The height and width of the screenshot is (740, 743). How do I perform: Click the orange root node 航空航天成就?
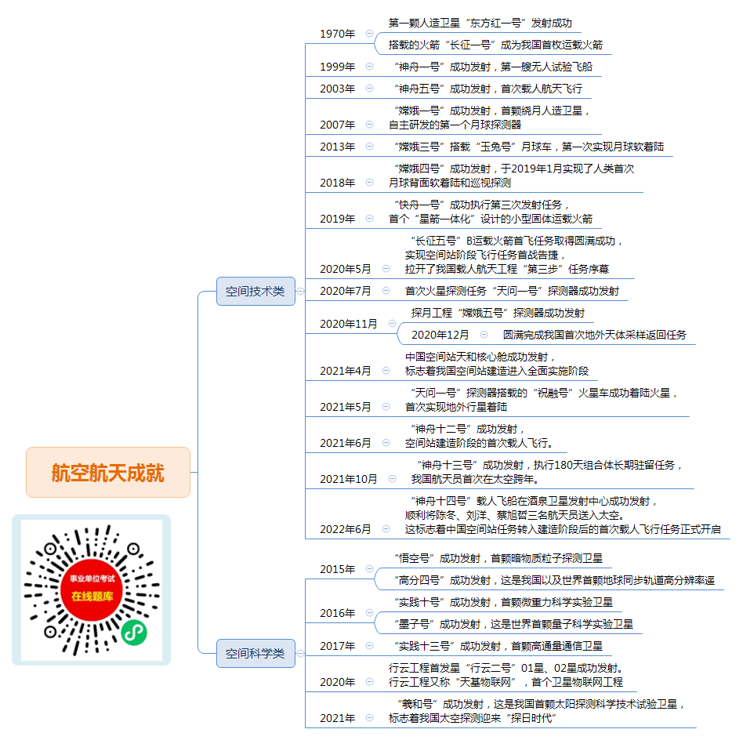click(108, 472)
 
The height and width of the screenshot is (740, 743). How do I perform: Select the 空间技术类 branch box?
click(256, 291)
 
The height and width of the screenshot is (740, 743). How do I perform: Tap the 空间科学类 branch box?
click(256, 653)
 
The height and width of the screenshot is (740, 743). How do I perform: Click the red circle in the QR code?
click(92, 589)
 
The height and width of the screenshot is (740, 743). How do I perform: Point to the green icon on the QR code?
click(133, 633)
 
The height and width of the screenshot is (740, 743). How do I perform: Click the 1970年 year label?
click(337, 34)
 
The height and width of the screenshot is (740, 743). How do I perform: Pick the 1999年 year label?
click(337, 67)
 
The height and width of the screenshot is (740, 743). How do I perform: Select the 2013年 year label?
click(337, 147)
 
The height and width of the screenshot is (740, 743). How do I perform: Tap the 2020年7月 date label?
click(346, 291)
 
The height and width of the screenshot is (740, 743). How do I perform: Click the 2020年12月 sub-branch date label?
click(440, 336)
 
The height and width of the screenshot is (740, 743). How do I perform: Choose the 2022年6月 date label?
click(346, 529)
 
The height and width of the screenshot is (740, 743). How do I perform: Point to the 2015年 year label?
click(337, 569)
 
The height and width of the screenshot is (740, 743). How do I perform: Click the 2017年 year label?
click(337, 646)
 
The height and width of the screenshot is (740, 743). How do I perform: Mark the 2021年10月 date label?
click(349, 479)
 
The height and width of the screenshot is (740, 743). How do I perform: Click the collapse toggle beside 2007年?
click(370, 125)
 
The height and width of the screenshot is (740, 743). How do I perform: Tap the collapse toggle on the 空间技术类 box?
click(300, 291)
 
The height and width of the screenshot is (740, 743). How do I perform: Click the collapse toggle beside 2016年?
click(370, 613)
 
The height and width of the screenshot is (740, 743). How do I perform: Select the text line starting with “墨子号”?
click(513, 624)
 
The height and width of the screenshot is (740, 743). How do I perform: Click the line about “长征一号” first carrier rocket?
click(495, 45)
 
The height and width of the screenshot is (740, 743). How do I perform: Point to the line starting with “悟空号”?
click(498, 558)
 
